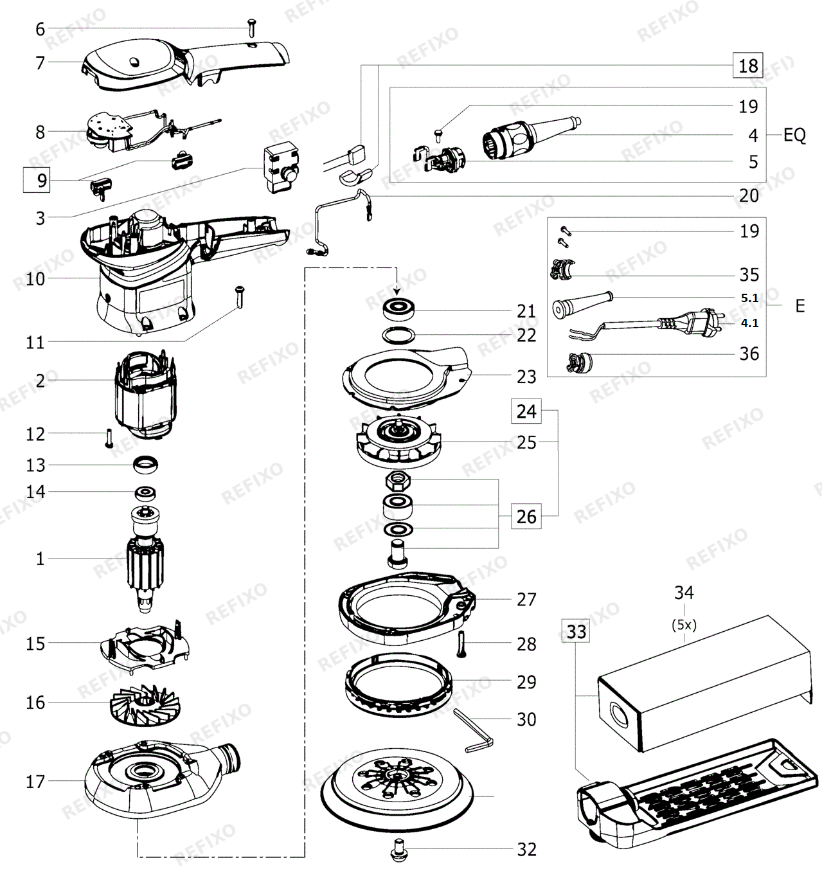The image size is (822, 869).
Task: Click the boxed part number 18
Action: point(747,66)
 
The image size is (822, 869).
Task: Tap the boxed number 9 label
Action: point(37,180)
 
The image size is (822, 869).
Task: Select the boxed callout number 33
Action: point(576,632)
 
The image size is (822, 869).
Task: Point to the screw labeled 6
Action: point(253,28)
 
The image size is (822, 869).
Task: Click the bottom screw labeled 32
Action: point(399,850)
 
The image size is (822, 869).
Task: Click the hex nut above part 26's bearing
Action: point(398,481)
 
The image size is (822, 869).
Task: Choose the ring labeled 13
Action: point(145,465)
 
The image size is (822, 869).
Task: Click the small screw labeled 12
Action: point(109,438)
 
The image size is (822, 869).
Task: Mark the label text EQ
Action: point(794,135)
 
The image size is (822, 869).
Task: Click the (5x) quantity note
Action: point(684,625)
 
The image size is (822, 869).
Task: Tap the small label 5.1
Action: point(749,298)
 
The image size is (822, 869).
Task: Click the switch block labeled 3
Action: point(281,167)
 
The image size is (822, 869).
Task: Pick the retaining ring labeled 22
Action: point(398,335)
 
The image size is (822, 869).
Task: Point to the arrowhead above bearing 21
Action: point(397,291)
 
